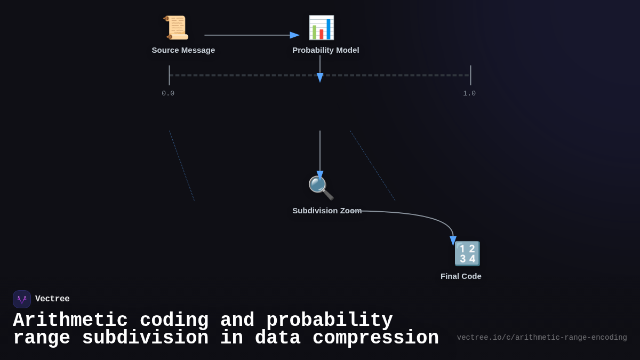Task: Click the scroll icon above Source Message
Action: click(x=176, y=28)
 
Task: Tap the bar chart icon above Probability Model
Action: click(x=321, y=28)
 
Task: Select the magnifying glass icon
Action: click(x=321, y=188)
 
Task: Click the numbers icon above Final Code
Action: click(x=467, y=254)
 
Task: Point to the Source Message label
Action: click(x=183, y=50)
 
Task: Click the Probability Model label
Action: click(x=326, y=50)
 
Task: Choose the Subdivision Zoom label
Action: click(x=327, y=211)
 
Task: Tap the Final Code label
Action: click(x=461, y=276)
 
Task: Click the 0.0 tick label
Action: click(x=168, y=93)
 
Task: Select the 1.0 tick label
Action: click(x=469, y=93)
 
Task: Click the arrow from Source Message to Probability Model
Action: click(x=251, y=35)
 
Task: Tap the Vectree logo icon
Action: click(x=22, y=299)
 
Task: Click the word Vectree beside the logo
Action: click(x=52, y=299)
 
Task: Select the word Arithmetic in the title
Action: click(x=70, y=321)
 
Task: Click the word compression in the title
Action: click(x=375, y=338)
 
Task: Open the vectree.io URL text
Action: click(x=542, y=338)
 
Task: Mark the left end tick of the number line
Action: click(x=170, y=75)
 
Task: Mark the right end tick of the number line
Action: click(x=470, y=75)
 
